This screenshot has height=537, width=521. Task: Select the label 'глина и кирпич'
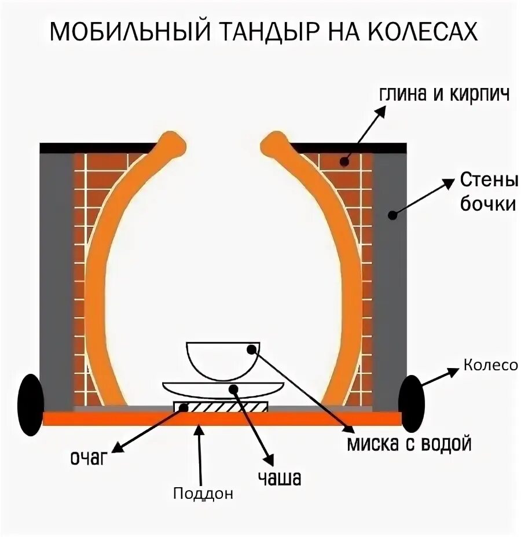click(x=444, y=95)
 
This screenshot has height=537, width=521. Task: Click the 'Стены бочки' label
click(x=487, y=192)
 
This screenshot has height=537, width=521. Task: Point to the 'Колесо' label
click(x=490, y=365)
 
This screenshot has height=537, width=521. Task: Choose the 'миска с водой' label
click(x=409, y=444)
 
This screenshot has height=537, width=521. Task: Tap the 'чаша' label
click(x=280, y=479)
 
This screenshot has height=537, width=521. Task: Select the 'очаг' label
click(x=90, y=458)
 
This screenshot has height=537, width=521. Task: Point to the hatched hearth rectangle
click(x=222, y=407)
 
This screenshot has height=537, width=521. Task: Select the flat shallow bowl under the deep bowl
click(x=223, y=388)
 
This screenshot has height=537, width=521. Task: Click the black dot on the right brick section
click(x=344, y=161)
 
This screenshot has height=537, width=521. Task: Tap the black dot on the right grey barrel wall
click(x=392, y=215)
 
